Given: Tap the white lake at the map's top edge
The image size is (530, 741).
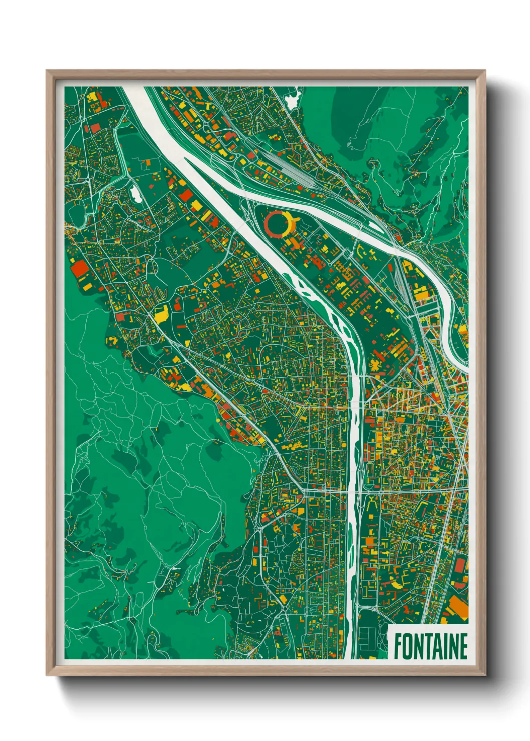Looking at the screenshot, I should pyautogui.click(x=292, y=98).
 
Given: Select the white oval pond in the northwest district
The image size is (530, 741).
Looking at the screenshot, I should pyautogui.click(x=135, y=194).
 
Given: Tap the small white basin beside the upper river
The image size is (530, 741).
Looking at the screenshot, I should pyautogui.click(x=375, y=226).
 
